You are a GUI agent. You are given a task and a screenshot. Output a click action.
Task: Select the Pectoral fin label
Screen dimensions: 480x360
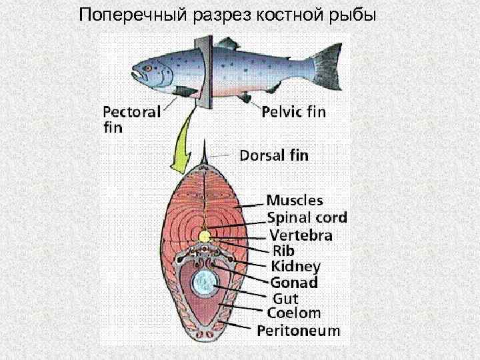point(131,119)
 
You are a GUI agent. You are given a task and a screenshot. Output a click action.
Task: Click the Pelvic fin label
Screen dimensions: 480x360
point(293,112)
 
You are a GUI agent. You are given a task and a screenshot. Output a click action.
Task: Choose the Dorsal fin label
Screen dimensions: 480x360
point(273,156)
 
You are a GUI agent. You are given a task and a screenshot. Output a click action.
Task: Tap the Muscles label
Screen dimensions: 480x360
point(295,200)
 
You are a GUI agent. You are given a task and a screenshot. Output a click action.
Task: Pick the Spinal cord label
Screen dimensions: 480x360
point(307,217)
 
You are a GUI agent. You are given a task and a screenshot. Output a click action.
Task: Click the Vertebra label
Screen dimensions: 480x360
point(301,235)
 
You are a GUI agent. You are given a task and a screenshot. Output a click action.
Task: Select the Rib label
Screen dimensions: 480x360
point(283,251)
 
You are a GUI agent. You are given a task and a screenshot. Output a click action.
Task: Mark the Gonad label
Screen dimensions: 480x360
point(294,282)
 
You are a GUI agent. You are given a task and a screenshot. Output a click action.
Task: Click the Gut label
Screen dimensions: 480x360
point(285,298)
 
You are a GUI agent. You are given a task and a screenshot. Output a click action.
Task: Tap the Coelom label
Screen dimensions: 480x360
point(294,313)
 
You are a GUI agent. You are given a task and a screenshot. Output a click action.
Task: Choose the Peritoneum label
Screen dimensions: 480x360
point(299,330)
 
